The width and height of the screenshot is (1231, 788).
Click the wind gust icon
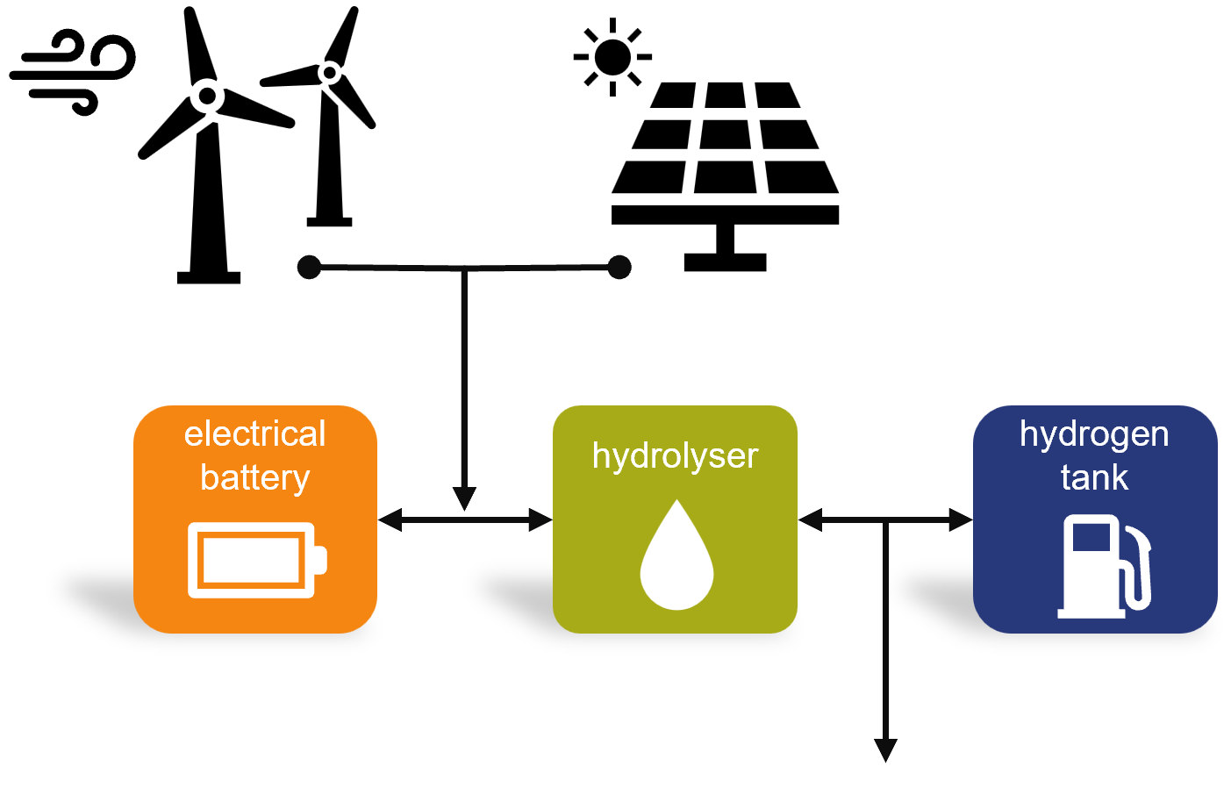coord(71,71)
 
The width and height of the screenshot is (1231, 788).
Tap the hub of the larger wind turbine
coord(207,97)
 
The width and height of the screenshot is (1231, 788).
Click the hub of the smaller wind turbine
coord(330,73)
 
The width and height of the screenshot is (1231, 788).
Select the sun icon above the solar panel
coord(612,57)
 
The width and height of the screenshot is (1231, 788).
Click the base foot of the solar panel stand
coord(725,262)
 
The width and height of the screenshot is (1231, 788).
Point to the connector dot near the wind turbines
coord(309,267)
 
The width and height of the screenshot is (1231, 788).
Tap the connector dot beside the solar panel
coord(619,267)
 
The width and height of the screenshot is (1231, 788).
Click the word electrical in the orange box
coord(255,433)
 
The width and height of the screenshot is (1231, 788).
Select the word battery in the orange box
coord(255,478)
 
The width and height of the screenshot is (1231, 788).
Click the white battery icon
coord(258,560)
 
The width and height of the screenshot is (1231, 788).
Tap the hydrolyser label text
coord(675,456)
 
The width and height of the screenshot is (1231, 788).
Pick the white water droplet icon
coord(677,555)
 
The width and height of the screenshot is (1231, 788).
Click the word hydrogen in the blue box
coord(1094,434)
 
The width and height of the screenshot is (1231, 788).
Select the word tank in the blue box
coord(1094,477)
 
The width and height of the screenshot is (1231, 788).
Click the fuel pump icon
coord(1104,566)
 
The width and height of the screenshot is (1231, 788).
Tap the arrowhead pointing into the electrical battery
coord(390,519)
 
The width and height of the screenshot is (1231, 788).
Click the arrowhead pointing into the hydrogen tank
coord(961,519)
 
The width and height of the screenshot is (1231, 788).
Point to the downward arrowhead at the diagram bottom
coord(885,750)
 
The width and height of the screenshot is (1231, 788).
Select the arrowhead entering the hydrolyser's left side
coord(540,519)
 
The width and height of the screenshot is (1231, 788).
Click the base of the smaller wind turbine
coord(329,222)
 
